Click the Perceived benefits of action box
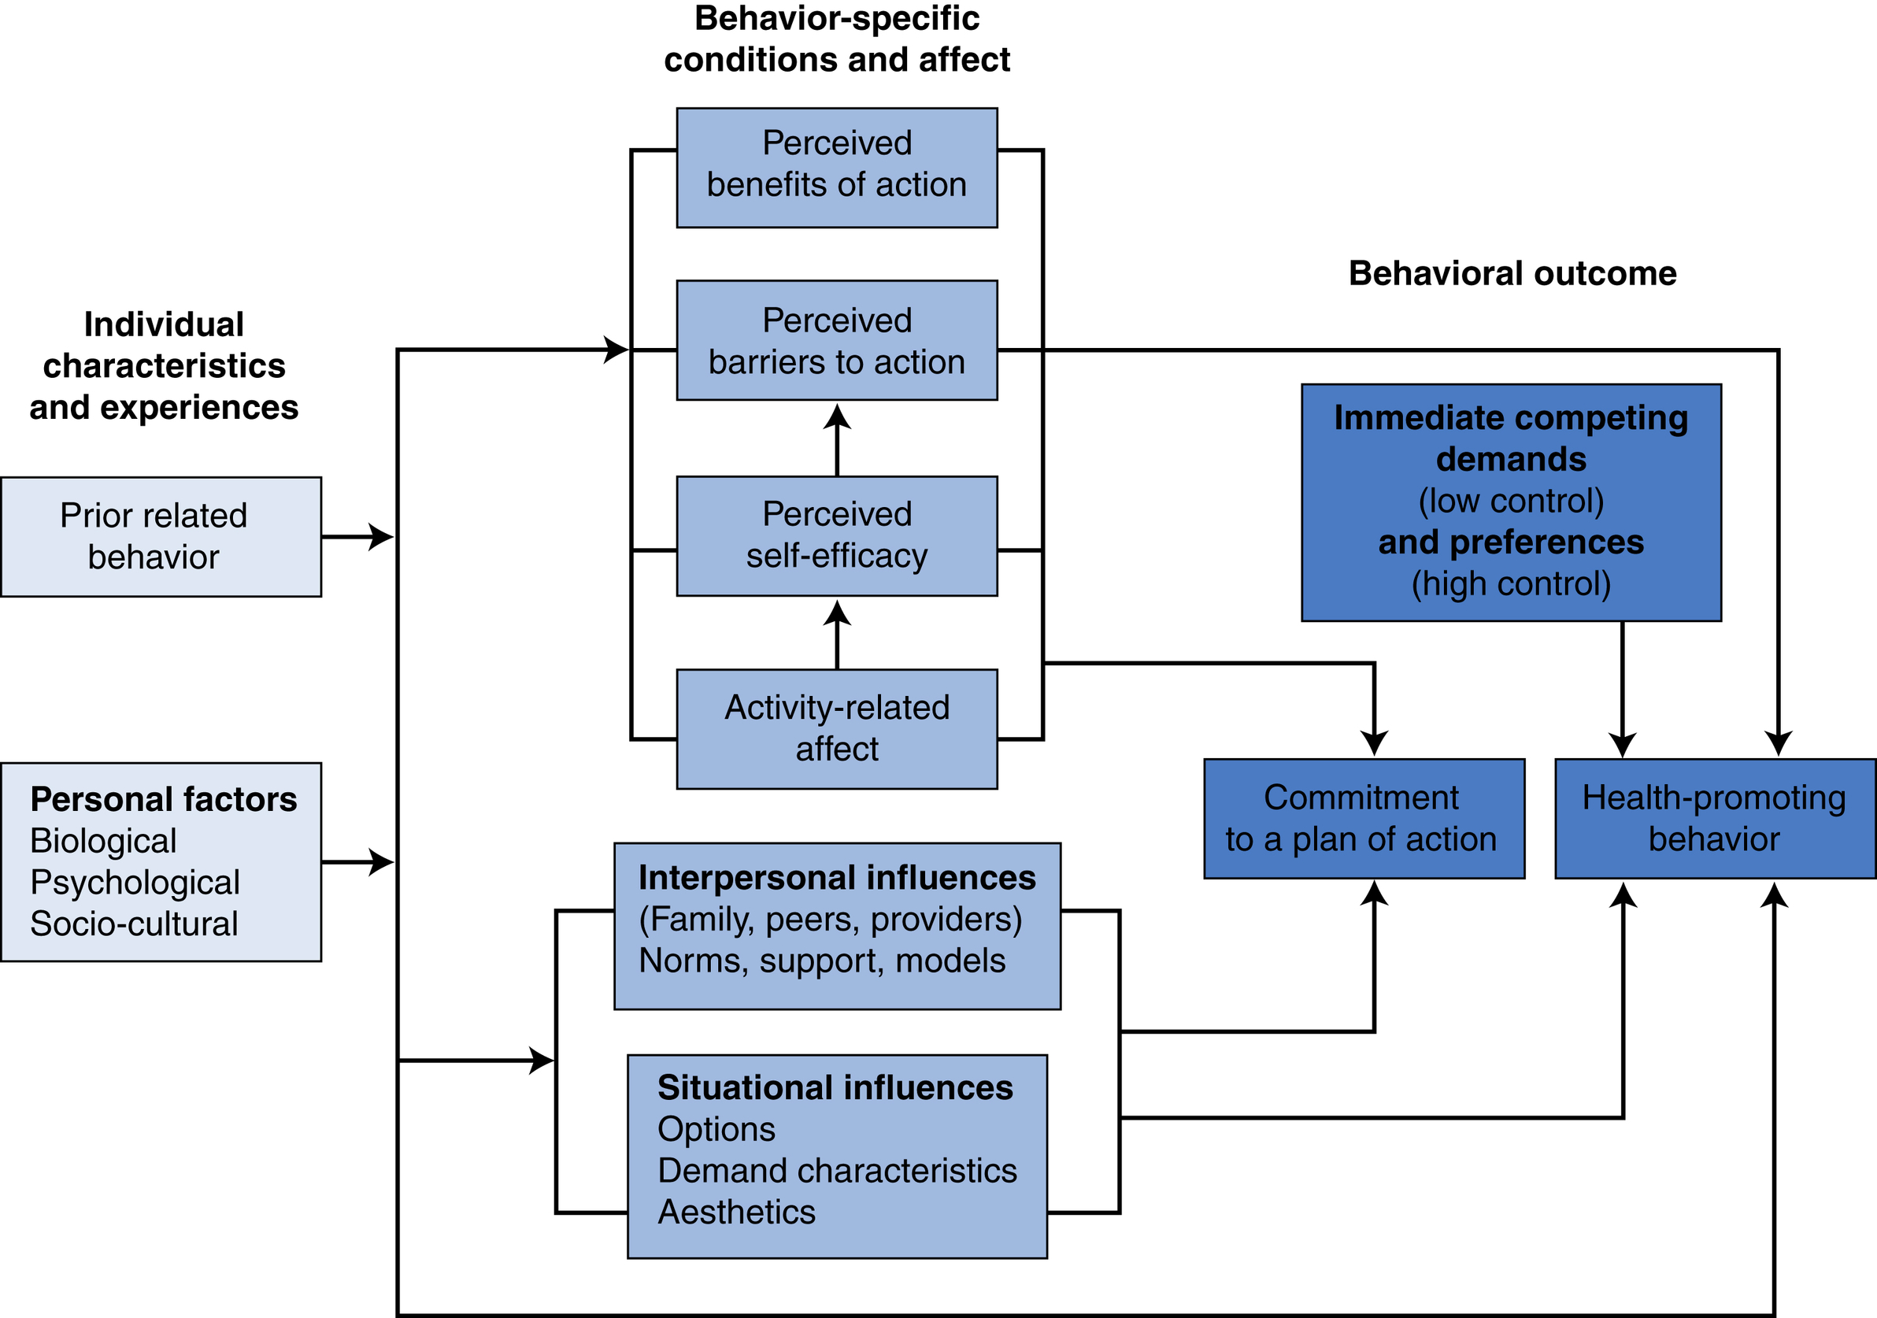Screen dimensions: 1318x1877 (x=836, y=168)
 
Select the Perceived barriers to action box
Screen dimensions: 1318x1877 (x=836, y=340)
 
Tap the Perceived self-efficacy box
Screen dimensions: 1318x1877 (x=836, y=535)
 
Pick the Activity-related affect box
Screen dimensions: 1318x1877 (x=836, y=728)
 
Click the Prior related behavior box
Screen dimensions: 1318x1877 (x=161, y=536)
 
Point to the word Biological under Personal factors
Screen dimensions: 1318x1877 (x=103, y=841)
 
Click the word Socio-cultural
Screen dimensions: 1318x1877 (x=134, y=924)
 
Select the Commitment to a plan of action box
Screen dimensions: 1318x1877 (x=1364, y=819)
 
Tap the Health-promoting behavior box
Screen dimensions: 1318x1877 (x=1714, y=819)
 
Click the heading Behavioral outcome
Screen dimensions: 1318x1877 (x=1512, y=273)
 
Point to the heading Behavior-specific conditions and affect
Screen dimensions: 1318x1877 (x=836, y=39)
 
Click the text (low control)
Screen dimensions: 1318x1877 (x=1511, y=501)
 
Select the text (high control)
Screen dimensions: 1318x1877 (x=1511, y=583)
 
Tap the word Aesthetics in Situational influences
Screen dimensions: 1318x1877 (x=737, y=1212)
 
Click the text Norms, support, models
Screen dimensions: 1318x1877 (x=822, y=961)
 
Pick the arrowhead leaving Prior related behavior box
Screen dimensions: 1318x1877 (x=381, y=537)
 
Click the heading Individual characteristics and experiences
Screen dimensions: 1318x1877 (x=164, y=365)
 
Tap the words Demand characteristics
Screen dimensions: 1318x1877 (x=837, y=1170)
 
